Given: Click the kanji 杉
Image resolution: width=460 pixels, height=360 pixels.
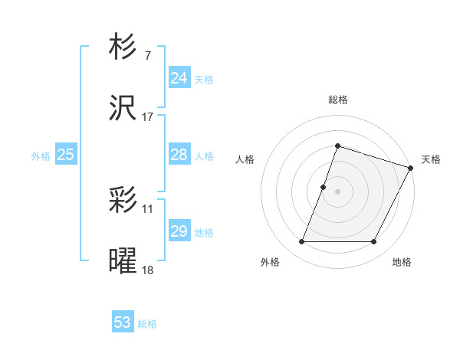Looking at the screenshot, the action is click(x=123, y=47).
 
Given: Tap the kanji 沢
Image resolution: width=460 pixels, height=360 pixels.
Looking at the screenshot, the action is click(x=123, y=108).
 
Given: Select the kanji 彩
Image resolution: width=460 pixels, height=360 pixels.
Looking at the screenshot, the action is click(x=123, y=201).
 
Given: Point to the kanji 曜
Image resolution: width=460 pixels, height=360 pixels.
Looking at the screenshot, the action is click(x=123, y=261).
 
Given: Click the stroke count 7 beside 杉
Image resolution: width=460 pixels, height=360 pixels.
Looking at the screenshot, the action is click(x=147, y=56).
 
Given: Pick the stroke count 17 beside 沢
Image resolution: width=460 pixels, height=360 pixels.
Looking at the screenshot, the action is click(x=147, y=116).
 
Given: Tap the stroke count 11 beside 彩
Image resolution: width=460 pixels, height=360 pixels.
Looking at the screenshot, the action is click(x=147, y=208).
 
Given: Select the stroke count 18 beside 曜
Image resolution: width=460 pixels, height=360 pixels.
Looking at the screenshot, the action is click(x=147, y=270).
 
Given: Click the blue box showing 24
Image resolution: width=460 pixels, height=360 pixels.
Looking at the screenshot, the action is click(x=179, y=78).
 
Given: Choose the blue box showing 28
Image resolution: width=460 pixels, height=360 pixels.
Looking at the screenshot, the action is click(x=179, y=155).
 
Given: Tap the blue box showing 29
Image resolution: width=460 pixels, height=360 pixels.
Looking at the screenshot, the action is click(x=179, y=231).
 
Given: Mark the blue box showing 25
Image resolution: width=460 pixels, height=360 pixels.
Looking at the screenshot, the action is click(x=65, y=155).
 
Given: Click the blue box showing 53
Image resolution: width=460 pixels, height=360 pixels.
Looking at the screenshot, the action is click(x=122, y=322).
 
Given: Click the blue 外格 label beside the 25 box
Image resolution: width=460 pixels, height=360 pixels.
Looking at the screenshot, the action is click(x=41, y=156).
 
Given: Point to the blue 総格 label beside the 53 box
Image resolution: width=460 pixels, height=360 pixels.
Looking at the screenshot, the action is click(x=147, y=324).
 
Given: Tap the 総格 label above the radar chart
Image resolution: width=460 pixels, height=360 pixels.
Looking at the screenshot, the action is click(x=337, y=100).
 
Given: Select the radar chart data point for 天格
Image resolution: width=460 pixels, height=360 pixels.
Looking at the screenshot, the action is click(x=411, y=168).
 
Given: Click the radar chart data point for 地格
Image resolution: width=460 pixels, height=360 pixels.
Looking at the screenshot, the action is click(x=374, y=242).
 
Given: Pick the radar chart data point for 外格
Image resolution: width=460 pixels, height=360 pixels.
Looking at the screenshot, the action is click(x=301, y=242).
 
